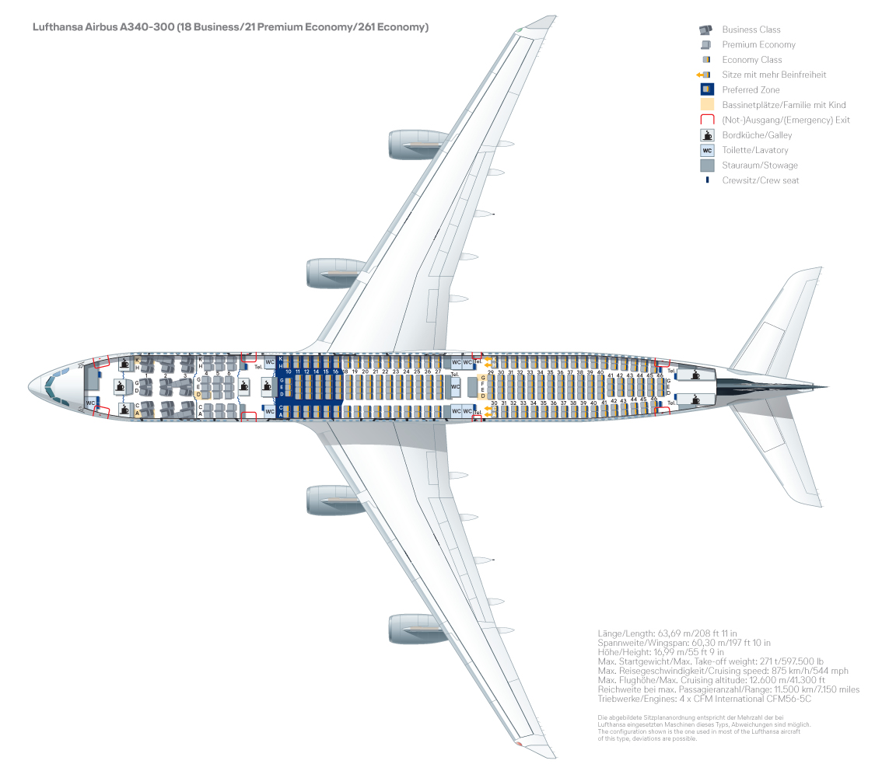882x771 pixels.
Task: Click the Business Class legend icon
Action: pos(705,30)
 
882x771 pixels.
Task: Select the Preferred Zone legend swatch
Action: pos(707,89)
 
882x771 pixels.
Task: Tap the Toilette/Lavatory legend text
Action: pos(754,150)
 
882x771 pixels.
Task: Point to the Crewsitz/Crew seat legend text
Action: pos(760,180)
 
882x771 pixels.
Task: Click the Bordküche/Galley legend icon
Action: pos(707,135)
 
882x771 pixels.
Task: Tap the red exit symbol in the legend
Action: pos(707,120)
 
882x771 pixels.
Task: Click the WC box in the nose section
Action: pos(91,403)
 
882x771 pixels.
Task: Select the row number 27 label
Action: pos(438,372)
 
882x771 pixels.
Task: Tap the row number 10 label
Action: pos(288,372)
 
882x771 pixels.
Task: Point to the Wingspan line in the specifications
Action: pos(684,643)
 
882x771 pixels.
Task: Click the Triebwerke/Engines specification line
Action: pos(704,699)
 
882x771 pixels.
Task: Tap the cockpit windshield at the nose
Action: pos(51,386)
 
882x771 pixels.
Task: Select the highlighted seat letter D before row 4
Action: pos(198,395)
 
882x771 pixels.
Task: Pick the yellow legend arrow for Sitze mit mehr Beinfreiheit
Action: pos(700,75)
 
